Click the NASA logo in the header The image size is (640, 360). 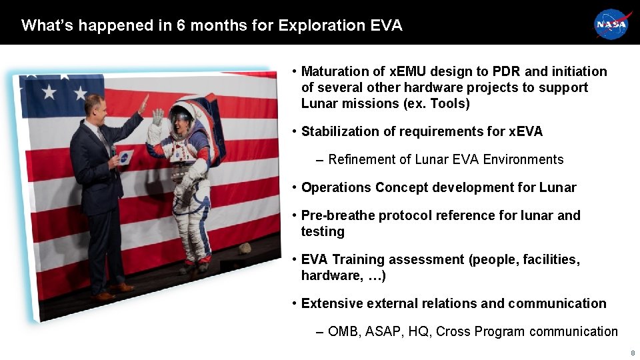611,25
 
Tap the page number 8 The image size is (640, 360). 632,353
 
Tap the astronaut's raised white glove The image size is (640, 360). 157,117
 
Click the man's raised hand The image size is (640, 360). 143,104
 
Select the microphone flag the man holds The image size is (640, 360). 125,158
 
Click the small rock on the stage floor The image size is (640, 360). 245,248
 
